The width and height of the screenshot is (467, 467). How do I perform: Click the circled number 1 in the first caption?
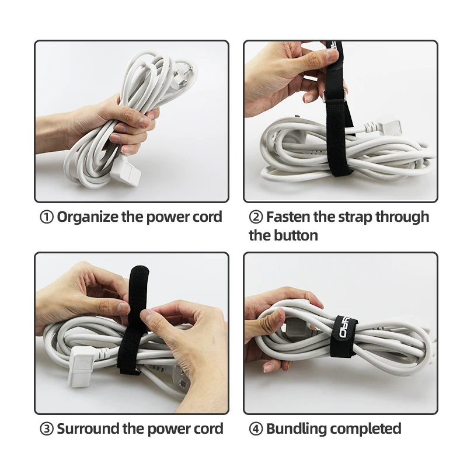tap(46, 217)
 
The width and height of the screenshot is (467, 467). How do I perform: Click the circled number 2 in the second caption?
tap(256, 217)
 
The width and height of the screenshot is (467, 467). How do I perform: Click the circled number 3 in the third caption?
tap(46, 429)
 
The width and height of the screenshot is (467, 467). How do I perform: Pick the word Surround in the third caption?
tap(88, 429)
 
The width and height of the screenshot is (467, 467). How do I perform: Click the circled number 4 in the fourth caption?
tap(256, 429)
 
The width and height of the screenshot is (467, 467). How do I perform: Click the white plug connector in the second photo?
tap(379, 126)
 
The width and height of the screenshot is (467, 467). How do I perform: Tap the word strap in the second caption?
tap(354, 217)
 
